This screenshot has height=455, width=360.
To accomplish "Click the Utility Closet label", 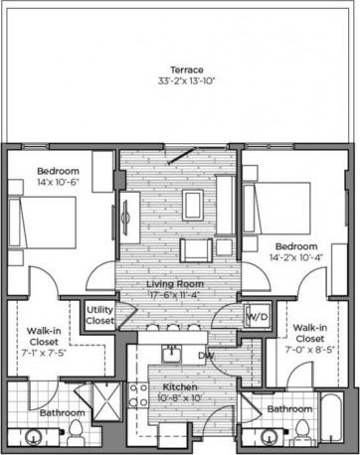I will click(x=99, y=317).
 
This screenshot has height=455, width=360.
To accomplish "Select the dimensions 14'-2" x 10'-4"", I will click(x=295, y=256).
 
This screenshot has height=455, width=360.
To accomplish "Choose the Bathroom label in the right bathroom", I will click(x=288, y=408).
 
